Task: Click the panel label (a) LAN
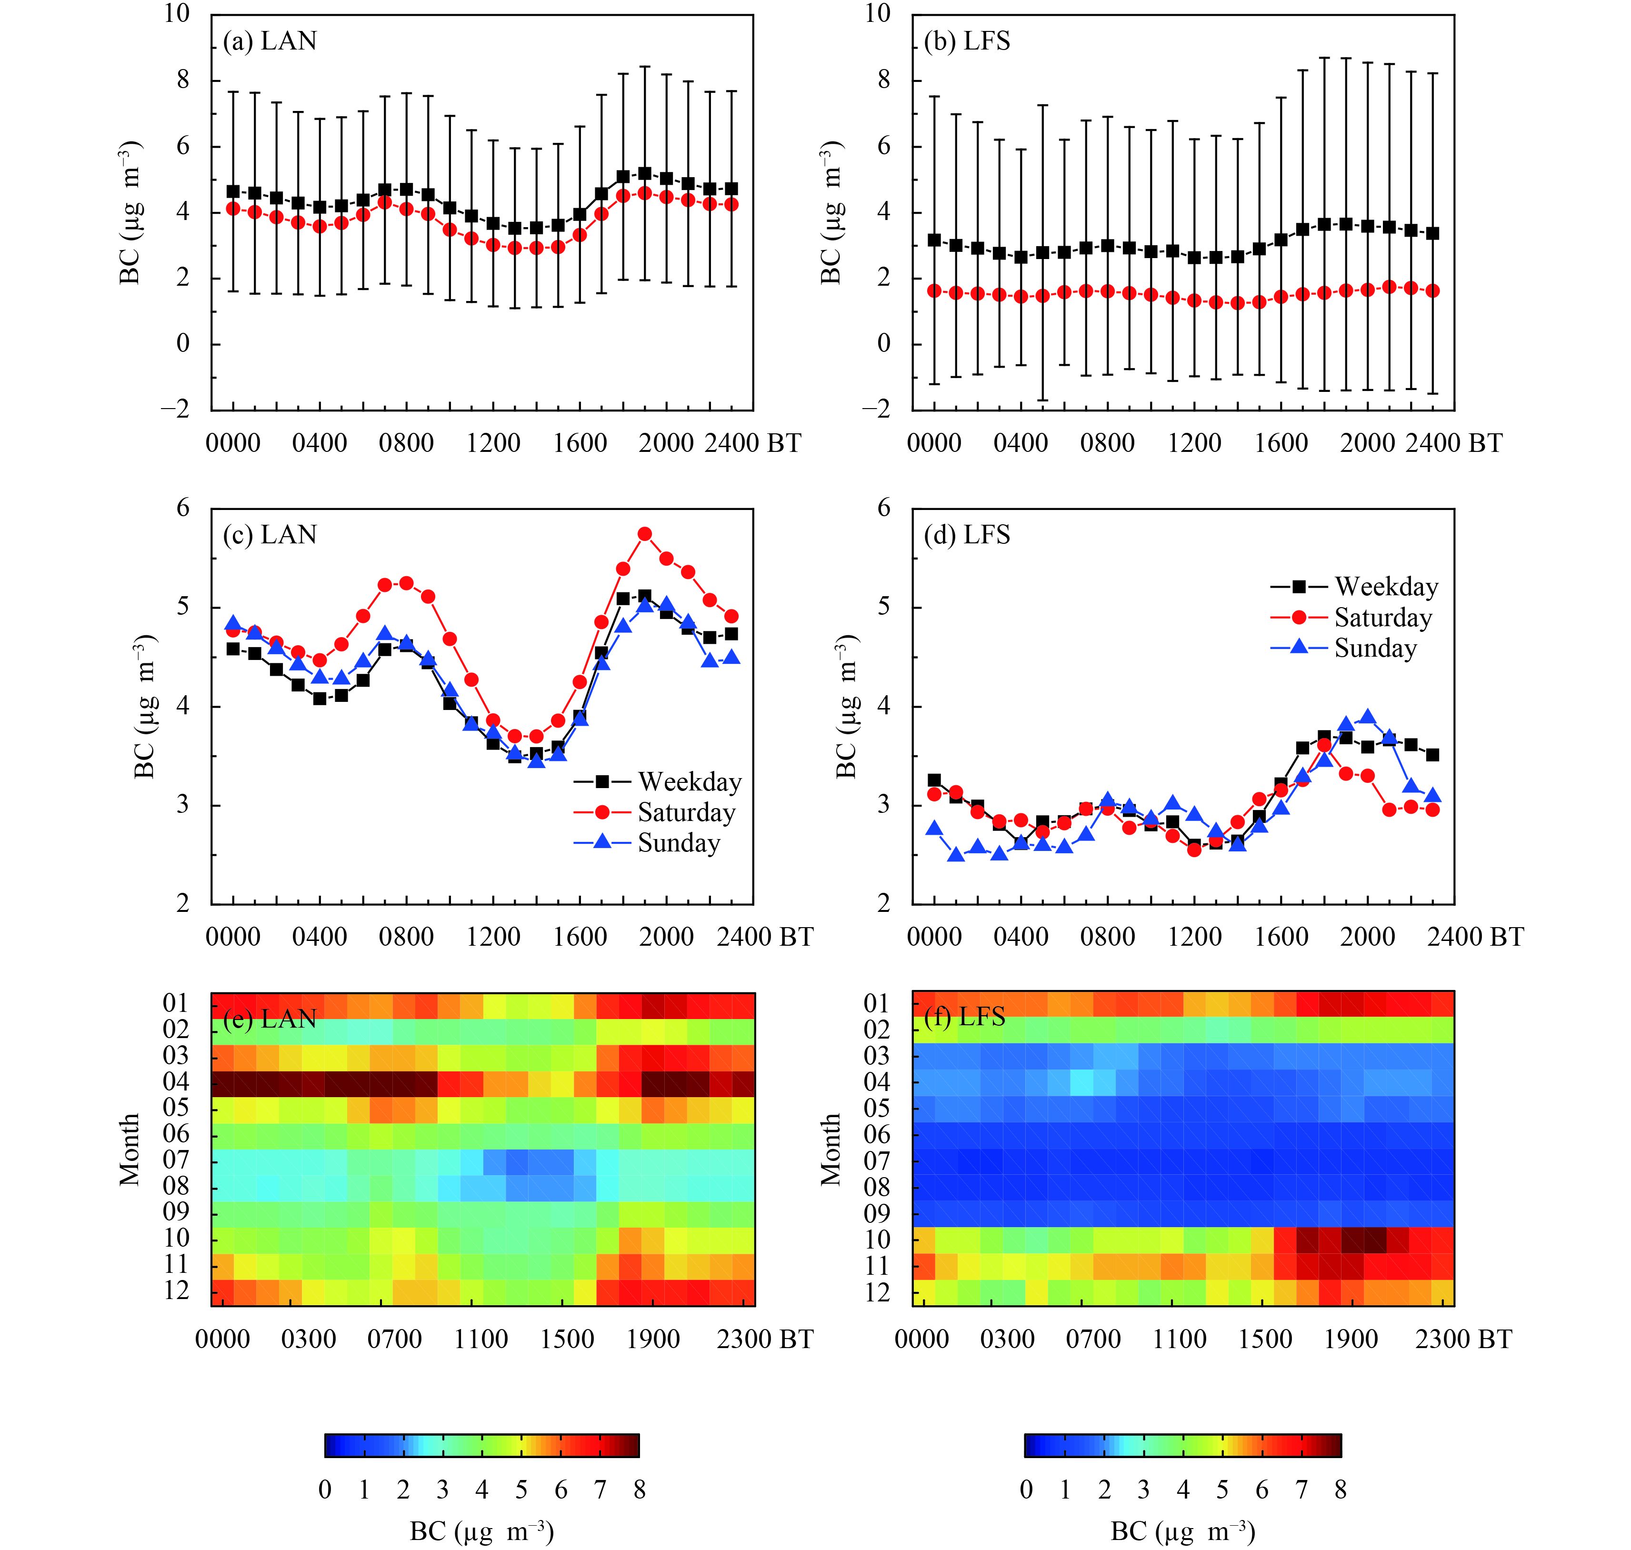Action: coord(270,41)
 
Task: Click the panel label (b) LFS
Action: coord(967,41)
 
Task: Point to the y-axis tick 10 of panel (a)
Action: coord(176,14)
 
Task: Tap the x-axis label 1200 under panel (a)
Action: coord(493,444)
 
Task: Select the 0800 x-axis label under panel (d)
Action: coord(1107,937)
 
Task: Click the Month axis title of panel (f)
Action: coord(831,1149)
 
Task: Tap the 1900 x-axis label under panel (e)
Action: coord(653,1340)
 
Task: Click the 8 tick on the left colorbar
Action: coord(639,1490)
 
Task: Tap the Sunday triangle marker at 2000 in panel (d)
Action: coord(1368,717)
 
